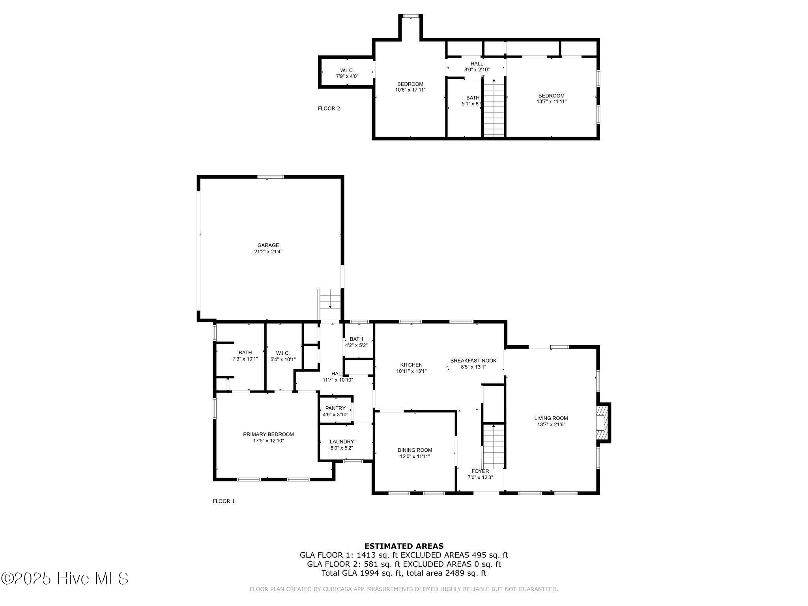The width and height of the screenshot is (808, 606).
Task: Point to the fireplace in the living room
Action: pyautogui.click(x=603, y=423)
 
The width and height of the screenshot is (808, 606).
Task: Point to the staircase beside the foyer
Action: pyautogui.click(x=494, y=446)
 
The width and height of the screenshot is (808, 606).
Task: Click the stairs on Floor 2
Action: pyautogui.click(x=494, y=107)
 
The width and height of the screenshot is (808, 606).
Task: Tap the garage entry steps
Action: pyautogui.click(x=330, y=299)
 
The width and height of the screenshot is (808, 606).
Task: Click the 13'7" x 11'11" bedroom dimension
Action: pyautogui.click(x=552, y=101)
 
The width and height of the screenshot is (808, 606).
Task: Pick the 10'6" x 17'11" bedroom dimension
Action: pyautogui.click(x=410, y=90)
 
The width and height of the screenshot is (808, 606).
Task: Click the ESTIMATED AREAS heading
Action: pyautogui.click(x=404, y=546)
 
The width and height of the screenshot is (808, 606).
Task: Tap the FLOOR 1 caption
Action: pyautogui.click(x=224, y=501)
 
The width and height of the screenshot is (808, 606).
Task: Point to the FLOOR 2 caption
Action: pyautogui.click(x=329, y=108)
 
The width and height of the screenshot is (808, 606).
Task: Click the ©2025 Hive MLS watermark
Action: pyautogui.click(x=65, y=579)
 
